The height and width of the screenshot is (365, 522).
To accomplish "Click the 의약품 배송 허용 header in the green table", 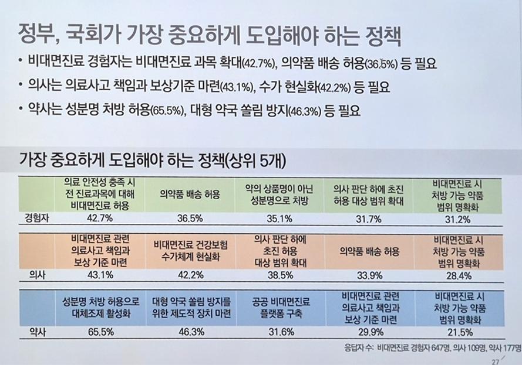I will [x=189, y=195].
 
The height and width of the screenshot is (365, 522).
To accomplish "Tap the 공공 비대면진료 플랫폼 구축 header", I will [x=281, y=308].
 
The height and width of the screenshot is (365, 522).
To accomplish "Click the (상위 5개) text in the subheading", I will [x=259, y=159].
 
